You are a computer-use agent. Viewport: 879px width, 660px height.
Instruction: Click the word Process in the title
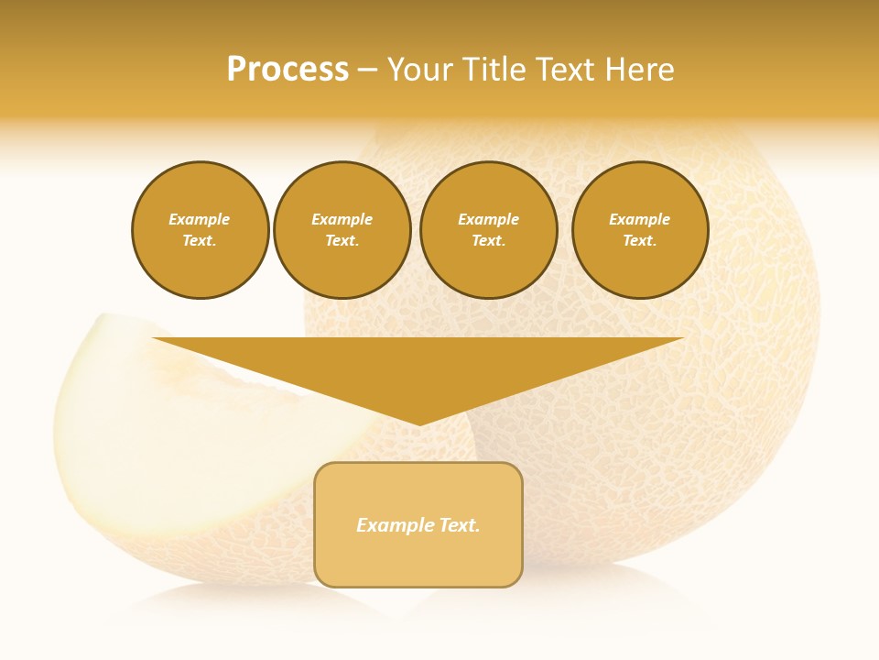(x=288, y=70)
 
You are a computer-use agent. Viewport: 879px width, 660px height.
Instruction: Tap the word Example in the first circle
(x=200, y=219)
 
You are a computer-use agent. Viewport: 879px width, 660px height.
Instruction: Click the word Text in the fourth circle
(x=639, y=240)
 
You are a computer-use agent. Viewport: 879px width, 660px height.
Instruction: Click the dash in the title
(x=367, y=70)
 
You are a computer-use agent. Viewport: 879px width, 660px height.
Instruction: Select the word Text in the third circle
(x=488, y=240)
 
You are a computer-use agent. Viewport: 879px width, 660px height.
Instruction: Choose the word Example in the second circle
(x=342, y=219)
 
